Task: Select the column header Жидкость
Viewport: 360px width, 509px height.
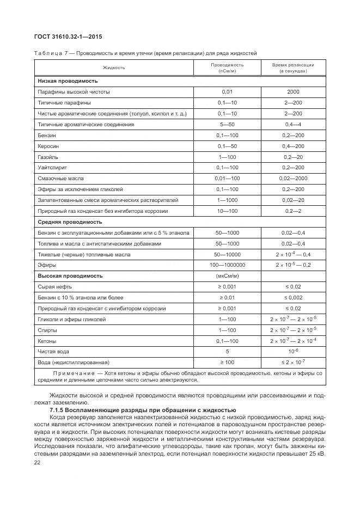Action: [114, 68]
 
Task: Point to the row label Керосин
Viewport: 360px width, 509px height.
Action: [48, 146]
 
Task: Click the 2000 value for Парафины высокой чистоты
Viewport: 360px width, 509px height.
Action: [293, 91]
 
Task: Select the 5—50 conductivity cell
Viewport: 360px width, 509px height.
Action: [227, 124]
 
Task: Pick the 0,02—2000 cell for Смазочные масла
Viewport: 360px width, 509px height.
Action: [293, 179]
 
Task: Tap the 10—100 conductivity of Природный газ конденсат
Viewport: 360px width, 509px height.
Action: [227, 211]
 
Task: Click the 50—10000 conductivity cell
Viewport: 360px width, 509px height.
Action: [227, 254]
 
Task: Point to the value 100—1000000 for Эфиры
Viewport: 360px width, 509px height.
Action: [227, 265]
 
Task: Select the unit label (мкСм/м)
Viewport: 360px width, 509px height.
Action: [227, 276]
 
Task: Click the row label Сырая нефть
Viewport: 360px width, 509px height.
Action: [54, 286]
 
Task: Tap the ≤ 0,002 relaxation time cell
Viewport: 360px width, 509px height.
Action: [293, 297]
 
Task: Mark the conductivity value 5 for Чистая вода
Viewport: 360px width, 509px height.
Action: [227, 351]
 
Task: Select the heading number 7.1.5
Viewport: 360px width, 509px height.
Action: [58, 409]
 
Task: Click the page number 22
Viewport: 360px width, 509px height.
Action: [38, 462]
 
